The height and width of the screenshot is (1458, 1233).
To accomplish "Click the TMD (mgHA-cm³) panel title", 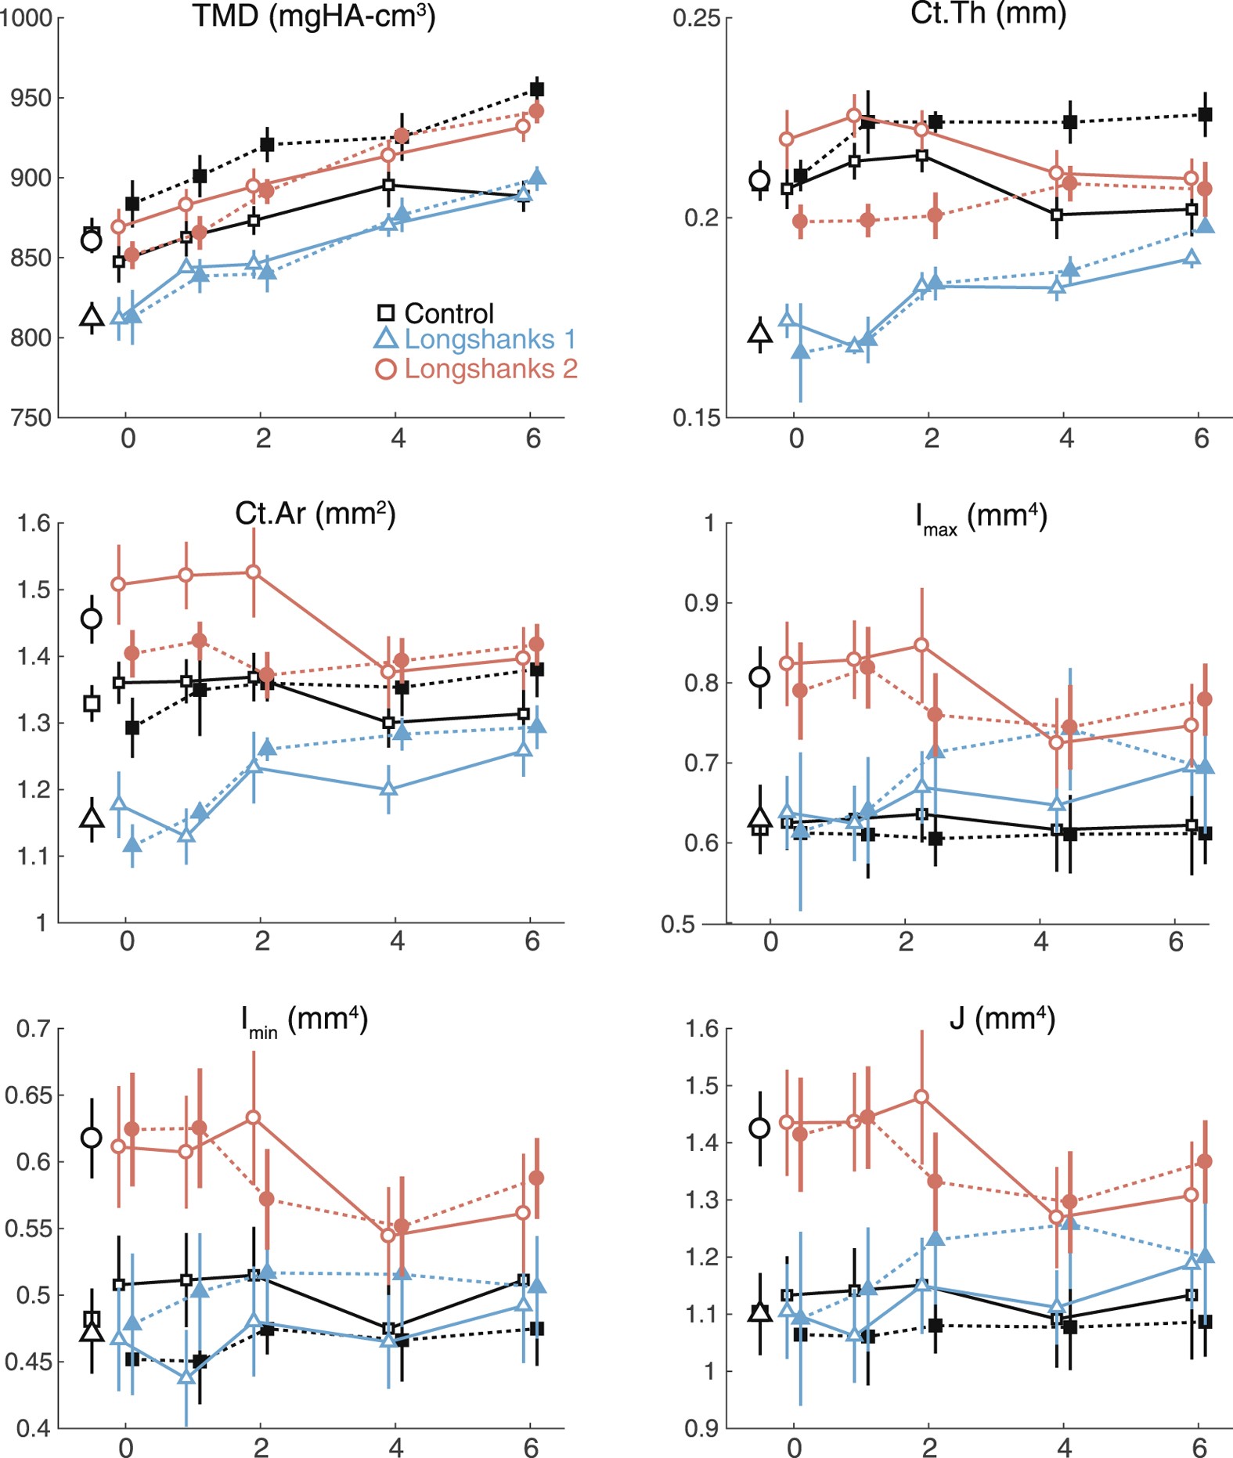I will [313, 16].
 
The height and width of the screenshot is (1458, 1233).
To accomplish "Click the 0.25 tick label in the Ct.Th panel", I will [696, 18].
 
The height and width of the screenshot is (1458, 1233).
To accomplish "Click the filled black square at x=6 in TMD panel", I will [537, 89].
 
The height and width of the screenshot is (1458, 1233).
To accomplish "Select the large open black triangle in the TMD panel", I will [92, 317].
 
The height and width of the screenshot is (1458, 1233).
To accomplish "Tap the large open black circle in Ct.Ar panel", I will [92, 619].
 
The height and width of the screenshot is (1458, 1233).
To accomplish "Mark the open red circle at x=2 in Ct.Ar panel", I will [254, 572].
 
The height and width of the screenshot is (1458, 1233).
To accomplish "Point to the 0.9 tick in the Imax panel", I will [701, 603].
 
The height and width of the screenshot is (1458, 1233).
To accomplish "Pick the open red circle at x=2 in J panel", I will [921, 1097].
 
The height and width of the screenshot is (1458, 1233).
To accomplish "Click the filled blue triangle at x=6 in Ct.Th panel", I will [1205, 226].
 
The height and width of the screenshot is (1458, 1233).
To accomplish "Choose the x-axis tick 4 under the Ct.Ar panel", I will [397, 940].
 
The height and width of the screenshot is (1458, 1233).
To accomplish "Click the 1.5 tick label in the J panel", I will [702, 1086].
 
